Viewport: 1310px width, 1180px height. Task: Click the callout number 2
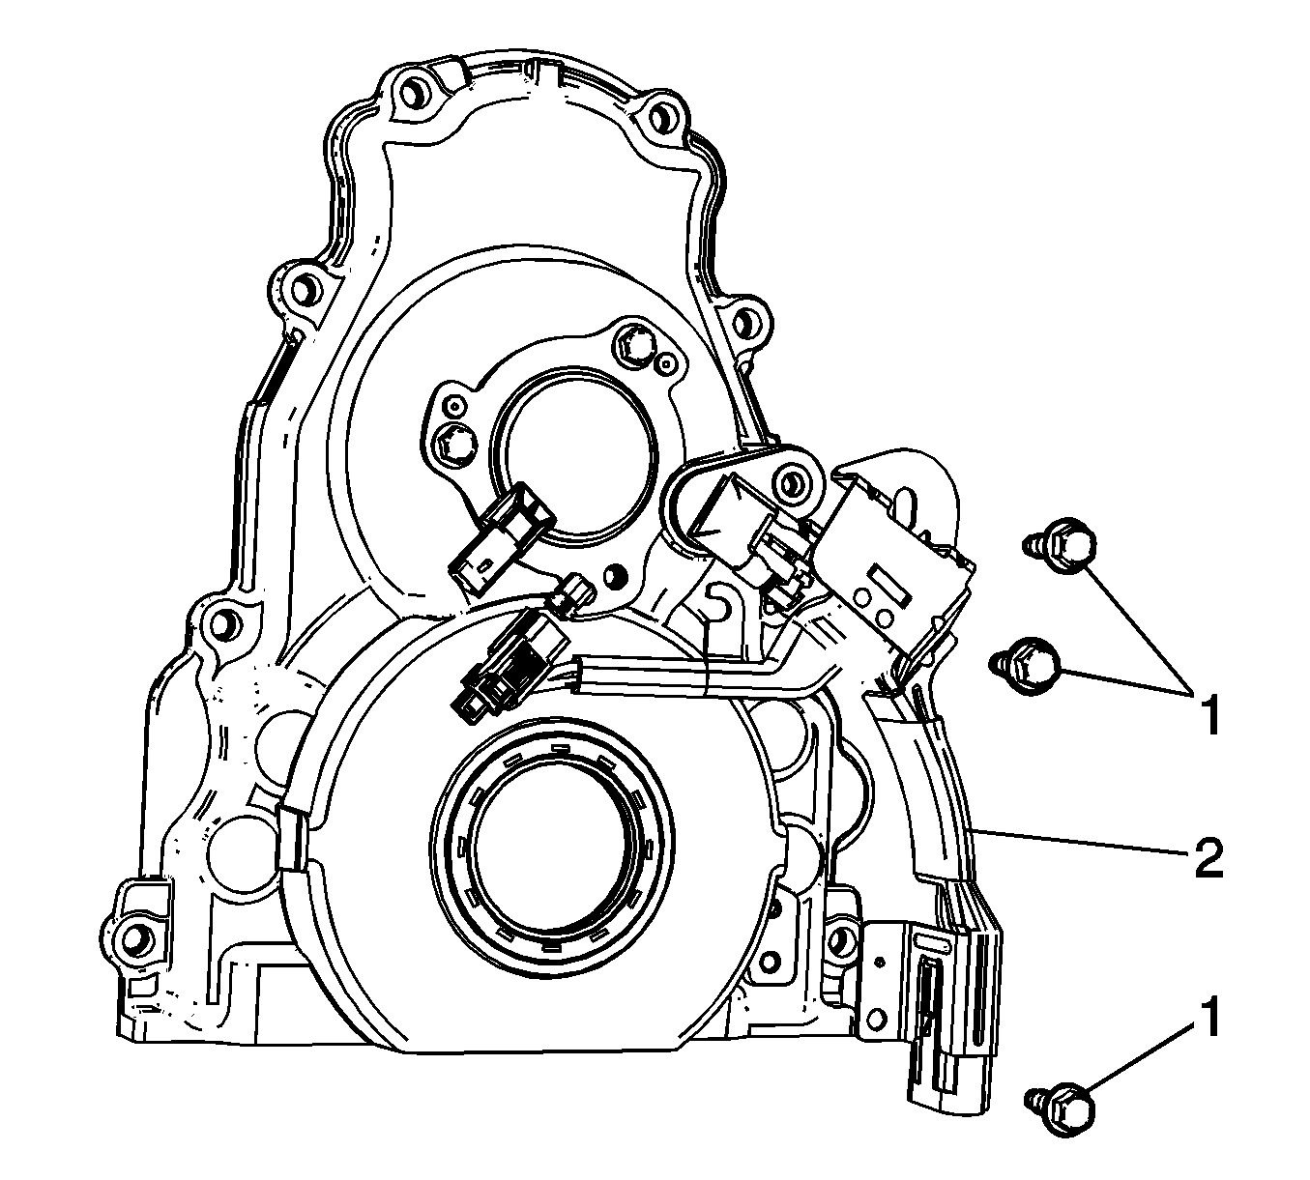[1207, 858]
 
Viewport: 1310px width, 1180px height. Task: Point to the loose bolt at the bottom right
[1065, 1104]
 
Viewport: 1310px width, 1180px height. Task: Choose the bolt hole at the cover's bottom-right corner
[841, 937]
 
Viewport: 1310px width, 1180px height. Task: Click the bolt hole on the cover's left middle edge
[221, 619]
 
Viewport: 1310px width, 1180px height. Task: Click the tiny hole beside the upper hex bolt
[664, 365]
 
